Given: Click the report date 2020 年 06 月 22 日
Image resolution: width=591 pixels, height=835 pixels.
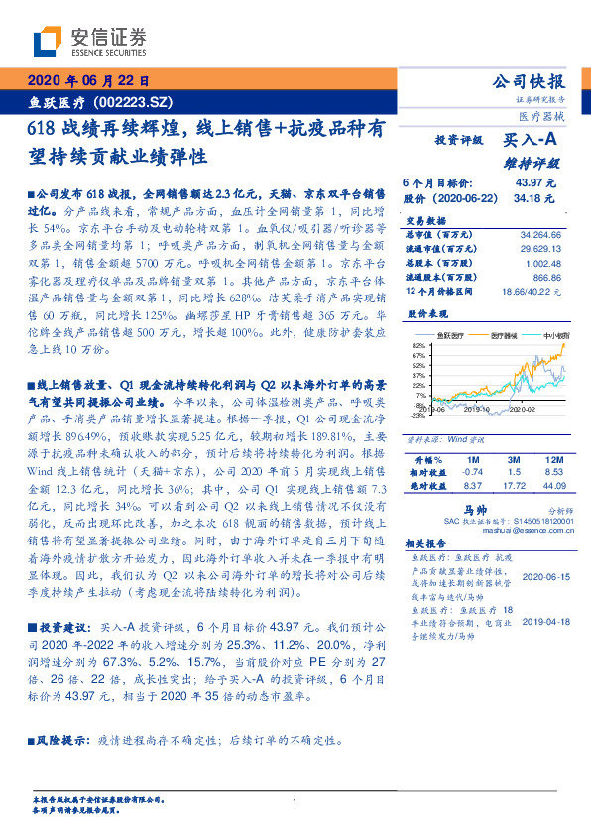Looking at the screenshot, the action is [x=87, y=81].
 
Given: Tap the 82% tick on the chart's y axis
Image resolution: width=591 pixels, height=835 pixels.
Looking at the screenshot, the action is [x=418, y=344].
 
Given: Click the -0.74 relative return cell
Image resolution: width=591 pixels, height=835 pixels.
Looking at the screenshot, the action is [x=472, y=473].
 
